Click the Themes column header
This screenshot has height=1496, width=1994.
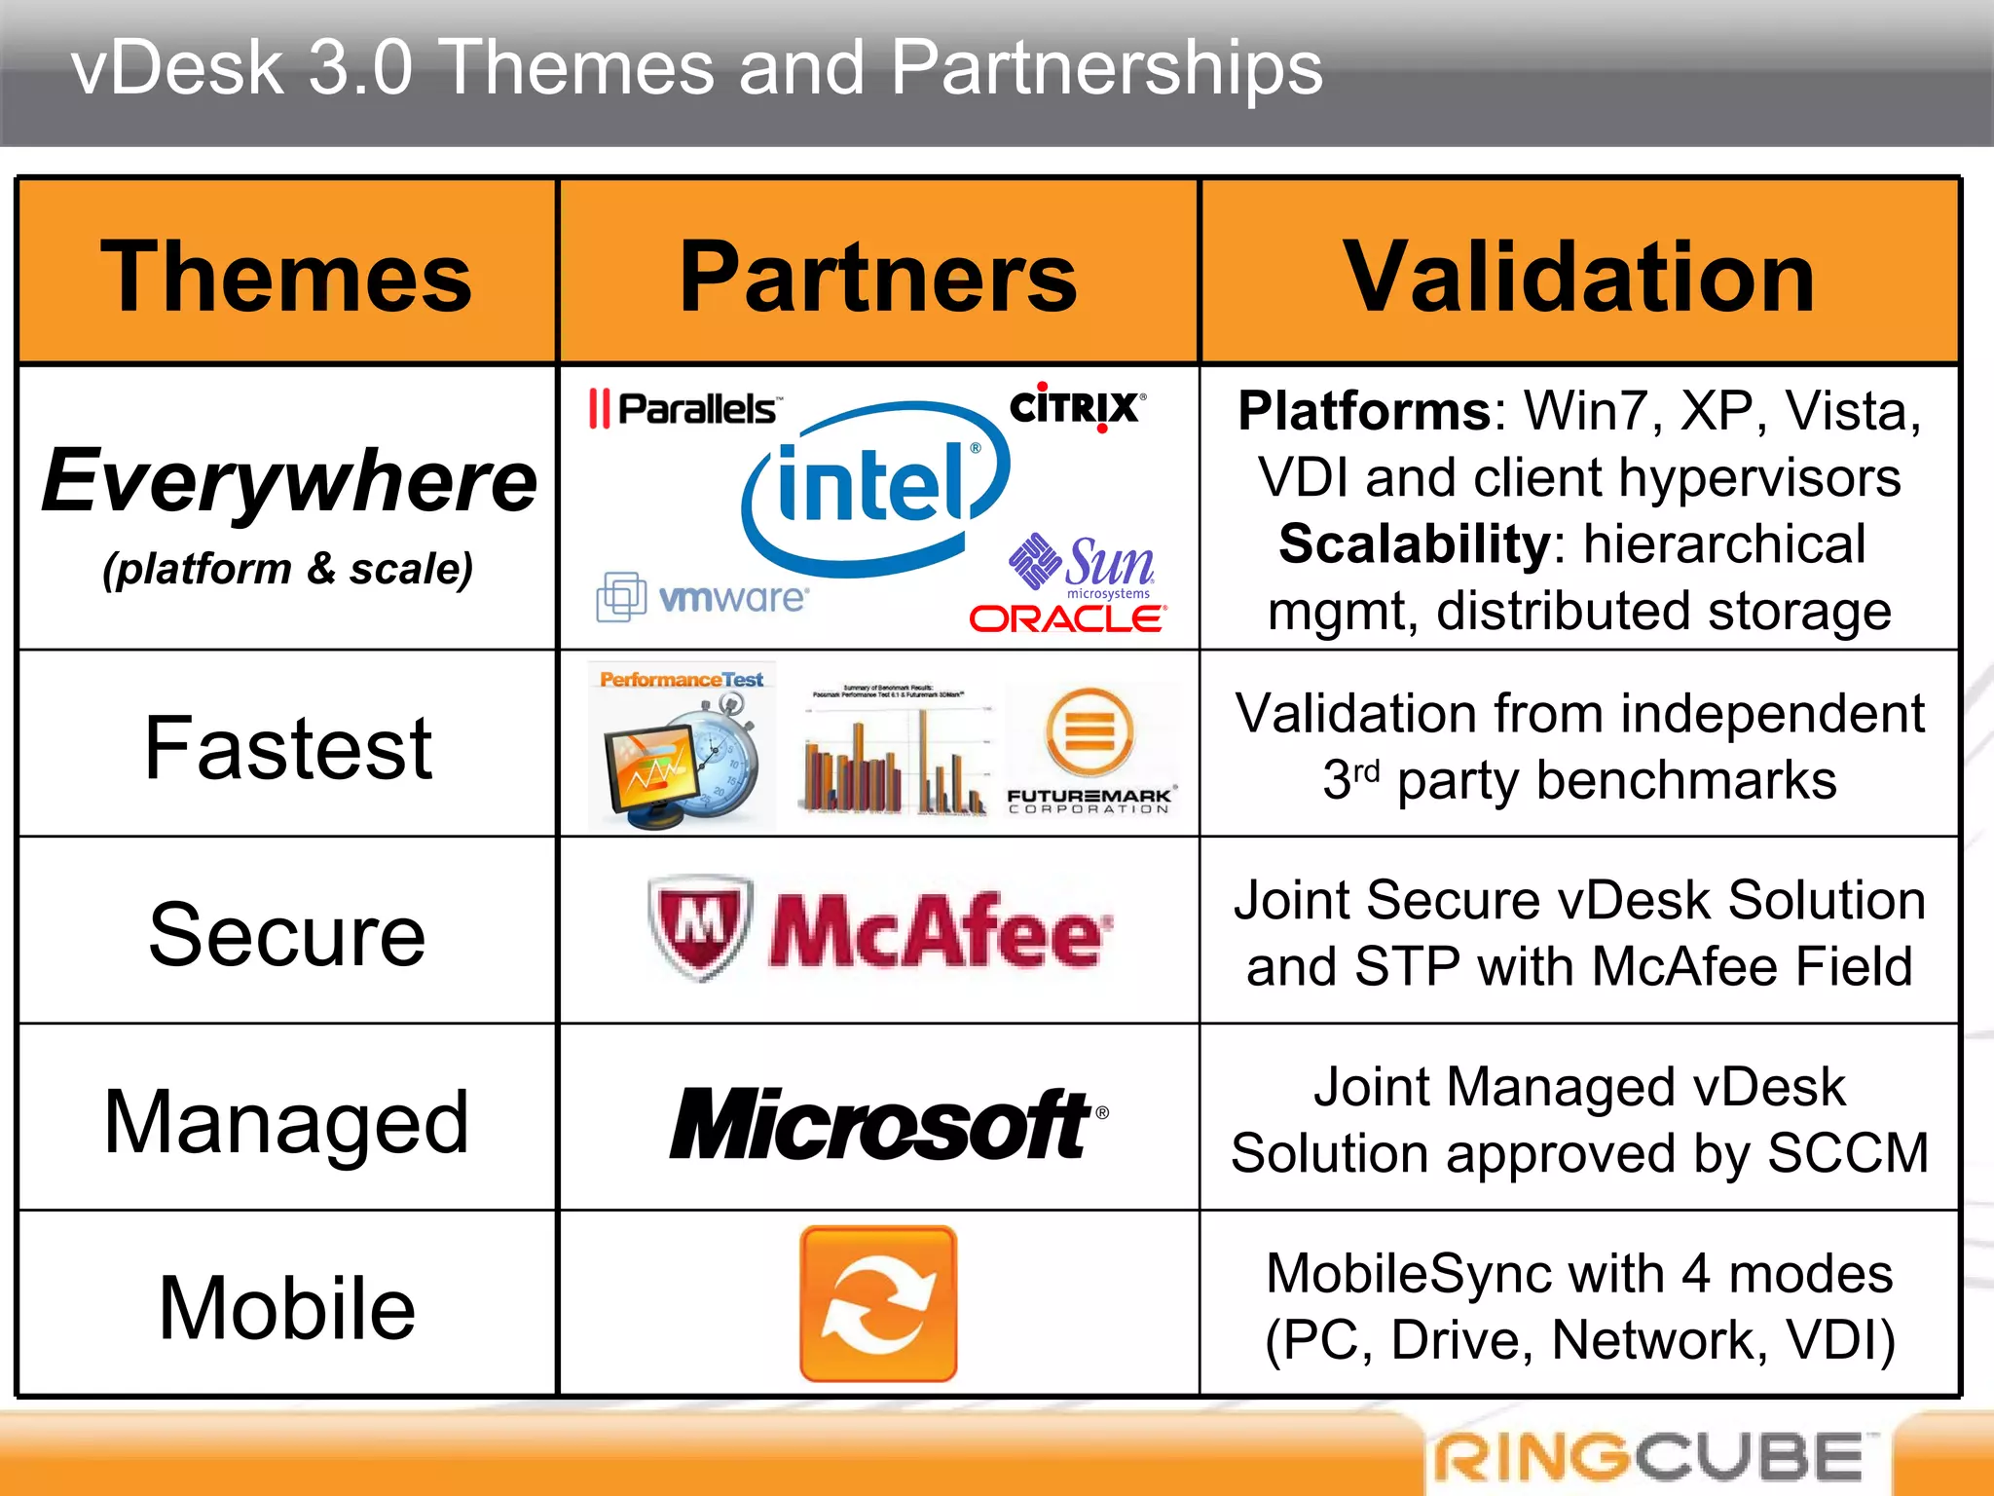(x=286, y=278)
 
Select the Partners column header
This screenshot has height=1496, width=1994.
(x=878, y=278)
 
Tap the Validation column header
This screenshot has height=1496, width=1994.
(x=1578, y=278)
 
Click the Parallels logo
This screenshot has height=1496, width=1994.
(x=683, y=409)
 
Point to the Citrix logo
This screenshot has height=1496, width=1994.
(x=1077, y=407)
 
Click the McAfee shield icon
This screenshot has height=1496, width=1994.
(x=700, y=926)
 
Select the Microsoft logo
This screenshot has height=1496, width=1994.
(x=886, y=1125)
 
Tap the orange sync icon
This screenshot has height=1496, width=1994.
(x=878, y=1304)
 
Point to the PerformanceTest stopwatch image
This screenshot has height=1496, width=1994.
(x=682, y=746)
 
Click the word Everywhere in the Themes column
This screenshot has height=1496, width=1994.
(x=289, y=481)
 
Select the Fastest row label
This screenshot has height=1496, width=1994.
(x=288, y=748)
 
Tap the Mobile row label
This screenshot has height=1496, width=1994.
(x=287, y=1308)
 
